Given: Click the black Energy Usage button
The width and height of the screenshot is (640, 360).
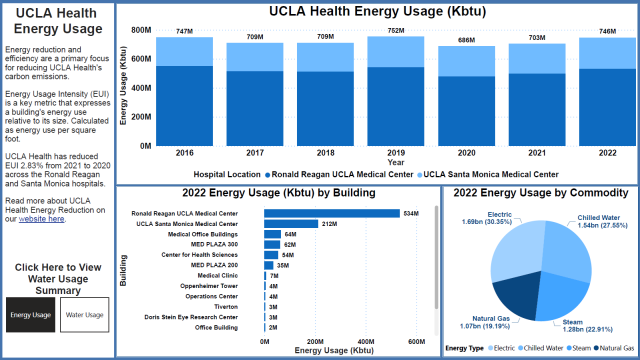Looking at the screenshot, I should [29, 315].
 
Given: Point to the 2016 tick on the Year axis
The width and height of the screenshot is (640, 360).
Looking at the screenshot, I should [156, 153].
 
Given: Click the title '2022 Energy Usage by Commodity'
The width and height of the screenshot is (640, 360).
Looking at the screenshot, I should [540, 193].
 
